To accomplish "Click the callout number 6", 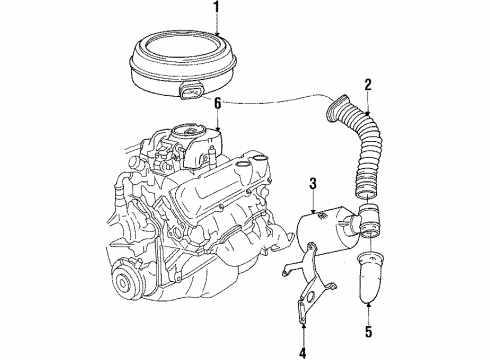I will [213, 103].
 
